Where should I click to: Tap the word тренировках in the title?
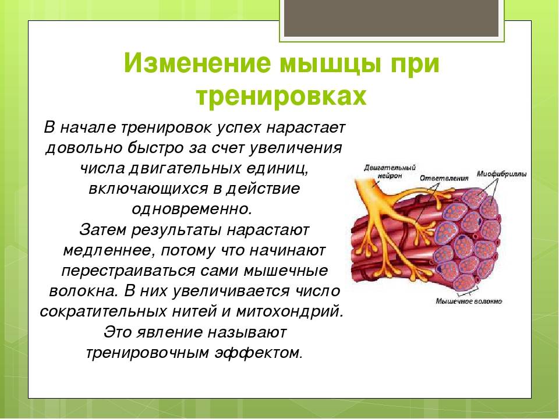(281, 95)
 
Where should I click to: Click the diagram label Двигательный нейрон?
(390, 171)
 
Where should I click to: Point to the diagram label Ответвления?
(444, 178)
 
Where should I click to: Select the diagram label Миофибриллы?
(501, 174)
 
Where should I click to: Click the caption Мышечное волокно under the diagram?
(468, 301)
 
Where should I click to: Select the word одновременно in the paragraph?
(192, 209)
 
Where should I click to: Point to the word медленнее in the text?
(109, 250)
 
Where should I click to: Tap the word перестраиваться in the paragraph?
(128, 271)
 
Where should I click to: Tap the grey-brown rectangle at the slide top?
(391, 18)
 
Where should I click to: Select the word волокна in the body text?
(83, 292)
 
